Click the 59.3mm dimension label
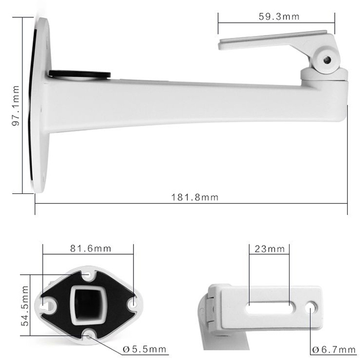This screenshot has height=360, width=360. point(279,16)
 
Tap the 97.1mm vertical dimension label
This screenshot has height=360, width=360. point(16,106)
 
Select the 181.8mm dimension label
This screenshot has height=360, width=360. point(195,197)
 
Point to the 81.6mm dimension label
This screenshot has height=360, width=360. point(91,249)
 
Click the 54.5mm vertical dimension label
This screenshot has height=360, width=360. point(25,306)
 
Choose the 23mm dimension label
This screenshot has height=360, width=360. point(270,249)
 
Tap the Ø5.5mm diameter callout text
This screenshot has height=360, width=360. point(144,349)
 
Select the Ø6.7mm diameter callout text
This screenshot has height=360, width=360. point(334,349)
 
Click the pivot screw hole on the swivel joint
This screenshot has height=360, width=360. point(327,60)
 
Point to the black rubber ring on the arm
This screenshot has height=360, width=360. point(80,74)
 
